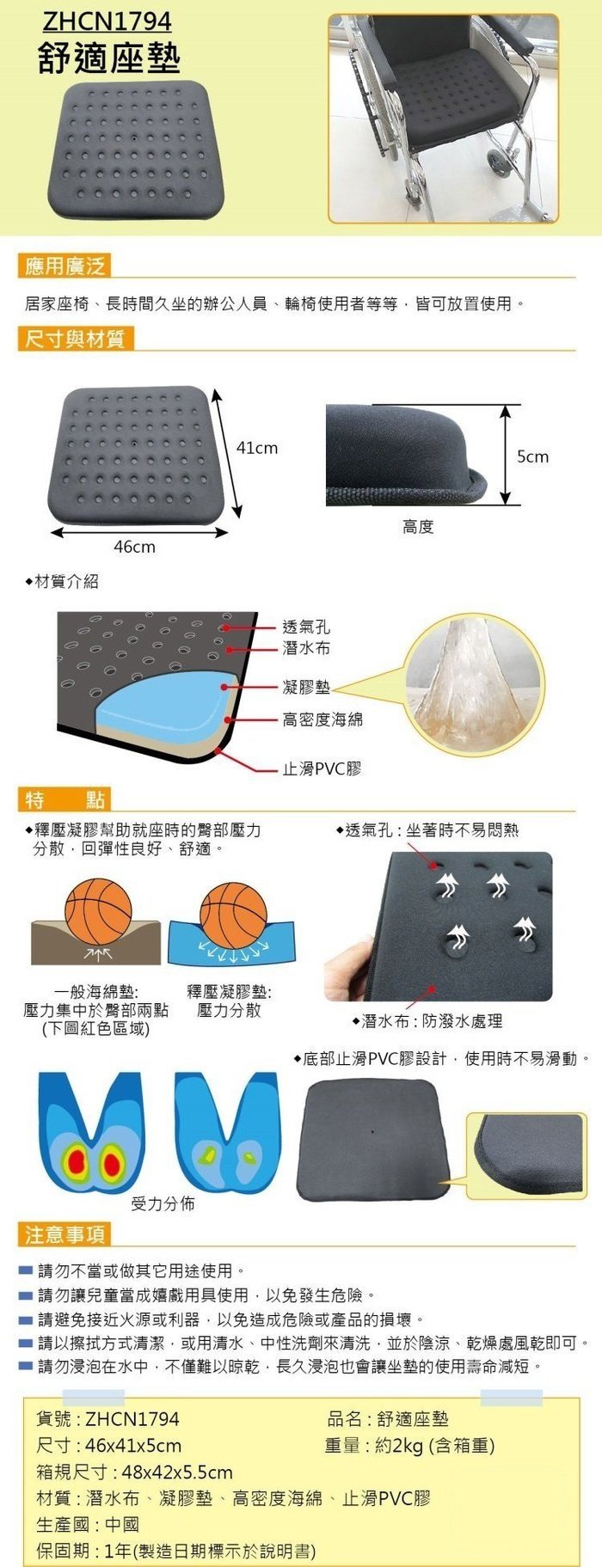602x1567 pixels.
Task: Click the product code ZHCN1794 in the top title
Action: [105, 21]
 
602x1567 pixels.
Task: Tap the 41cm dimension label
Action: [257, 448]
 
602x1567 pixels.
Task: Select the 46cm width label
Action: [135, 547]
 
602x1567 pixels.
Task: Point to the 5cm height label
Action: [532, 456]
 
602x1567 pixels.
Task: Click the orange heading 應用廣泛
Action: [64, 266]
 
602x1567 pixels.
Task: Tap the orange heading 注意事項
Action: [64, 1235]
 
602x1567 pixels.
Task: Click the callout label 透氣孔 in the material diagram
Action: [306, 627]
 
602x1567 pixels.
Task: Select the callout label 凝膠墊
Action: [306, 687]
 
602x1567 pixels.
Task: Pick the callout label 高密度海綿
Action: [322, 719]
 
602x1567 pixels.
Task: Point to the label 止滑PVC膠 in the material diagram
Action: [322, 768]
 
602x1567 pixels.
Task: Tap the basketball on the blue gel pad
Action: [233, 914]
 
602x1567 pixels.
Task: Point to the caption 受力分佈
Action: [163, 1203]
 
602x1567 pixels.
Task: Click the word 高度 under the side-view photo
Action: [418, 527]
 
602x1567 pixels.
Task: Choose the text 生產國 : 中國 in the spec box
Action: [88, 1525]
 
